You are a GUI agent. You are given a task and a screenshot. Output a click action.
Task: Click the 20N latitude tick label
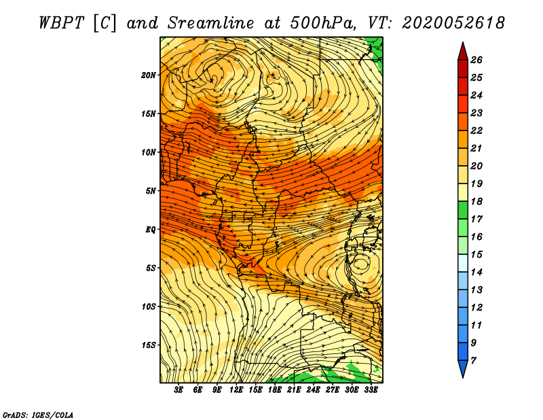pos(149,75)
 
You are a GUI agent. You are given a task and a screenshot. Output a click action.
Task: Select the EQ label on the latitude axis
pos(151,229)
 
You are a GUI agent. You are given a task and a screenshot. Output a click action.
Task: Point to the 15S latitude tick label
pos(149,345)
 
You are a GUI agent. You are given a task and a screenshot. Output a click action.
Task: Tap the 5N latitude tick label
pos(151,191)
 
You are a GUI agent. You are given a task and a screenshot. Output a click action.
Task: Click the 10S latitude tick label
pos(149,307)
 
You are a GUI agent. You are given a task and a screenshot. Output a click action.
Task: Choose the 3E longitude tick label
pos(179,389)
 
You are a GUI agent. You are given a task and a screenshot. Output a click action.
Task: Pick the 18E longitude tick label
pos(275,389)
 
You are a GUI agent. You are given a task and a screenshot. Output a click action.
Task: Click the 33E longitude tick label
pos(371,389)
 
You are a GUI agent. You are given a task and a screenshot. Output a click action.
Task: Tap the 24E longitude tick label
pos(313,389)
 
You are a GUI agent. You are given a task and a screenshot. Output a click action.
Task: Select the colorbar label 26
pos(476,60)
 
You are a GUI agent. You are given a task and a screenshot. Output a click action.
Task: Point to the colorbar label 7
pos(473,361)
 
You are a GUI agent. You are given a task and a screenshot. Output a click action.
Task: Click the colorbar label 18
pos(476,201)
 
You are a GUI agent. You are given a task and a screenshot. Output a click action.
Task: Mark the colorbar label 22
pos(476,130)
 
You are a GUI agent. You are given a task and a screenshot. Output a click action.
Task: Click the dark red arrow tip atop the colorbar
pos(463,42)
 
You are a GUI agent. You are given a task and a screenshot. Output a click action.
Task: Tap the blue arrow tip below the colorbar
pos(463,377)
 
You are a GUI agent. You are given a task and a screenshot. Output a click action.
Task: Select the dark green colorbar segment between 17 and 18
pos(463,210)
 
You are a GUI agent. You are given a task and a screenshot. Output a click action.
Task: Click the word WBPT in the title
pos(62,23)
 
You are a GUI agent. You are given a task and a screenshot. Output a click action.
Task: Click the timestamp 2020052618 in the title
pos(453,23)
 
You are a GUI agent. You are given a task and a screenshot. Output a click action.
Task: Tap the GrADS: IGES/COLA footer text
pos(38,415)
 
